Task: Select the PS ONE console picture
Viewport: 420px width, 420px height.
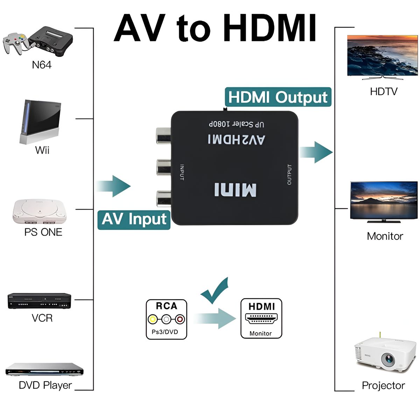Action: pyautogui.click(x=39, y=211)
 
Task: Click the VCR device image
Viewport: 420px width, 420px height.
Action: pyautogui.click(x=39, y=301)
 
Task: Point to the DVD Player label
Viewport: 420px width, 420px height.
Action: pyautogui.click(x=45, y=385)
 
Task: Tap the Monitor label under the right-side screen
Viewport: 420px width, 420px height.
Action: pyautogui.click(x=385, y=236)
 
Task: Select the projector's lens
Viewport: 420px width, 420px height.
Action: pyautogui.click(x=388, y=359)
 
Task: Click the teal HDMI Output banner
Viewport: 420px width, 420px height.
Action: pyautogui.click(x=278, y=97)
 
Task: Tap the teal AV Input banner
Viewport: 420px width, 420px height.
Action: pyautogui.click(x=134, y=219)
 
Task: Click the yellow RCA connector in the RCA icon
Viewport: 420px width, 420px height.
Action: pyautogui.click(x=153, y=319)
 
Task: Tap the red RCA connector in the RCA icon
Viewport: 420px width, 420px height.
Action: pyautogui.click(x=180, y=319)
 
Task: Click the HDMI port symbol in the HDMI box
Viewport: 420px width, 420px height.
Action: pyautogui.click(x=261, y=319)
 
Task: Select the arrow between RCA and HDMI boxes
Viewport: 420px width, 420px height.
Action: pyautogui.click(x=215, y=318)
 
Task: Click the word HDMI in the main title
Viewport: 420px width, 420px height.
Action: pyautogui.click(x=269, y=28)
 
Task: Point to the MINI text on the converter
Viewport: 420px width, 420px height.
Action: pyautogui.click(x=235, y=190)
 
